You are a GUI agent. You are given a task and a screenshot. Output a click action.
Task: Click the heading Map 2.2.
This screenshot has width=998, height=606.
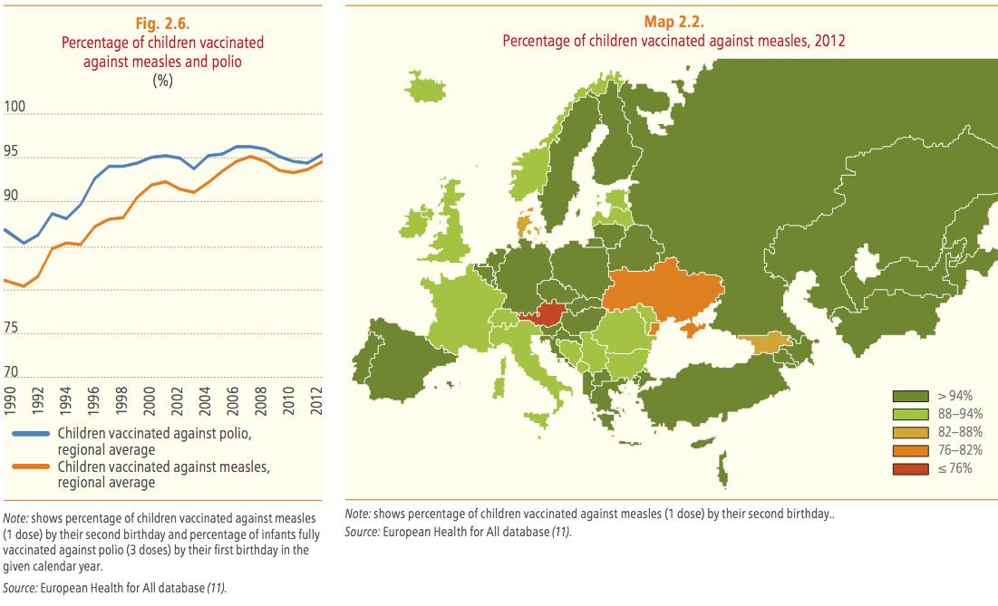(x=673, y=23)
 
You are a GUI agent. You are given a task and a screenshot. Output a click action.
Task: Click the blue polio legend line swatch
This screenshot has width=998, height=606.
(x=31, y=434)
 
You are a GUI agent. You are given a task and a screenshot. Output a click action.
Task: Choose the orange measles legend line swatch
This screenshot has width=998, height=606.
(x=31, y=467)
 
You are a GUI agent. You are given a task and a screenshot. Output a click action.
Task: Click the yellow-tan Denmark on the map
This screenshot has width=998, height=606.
(x=524, y=224)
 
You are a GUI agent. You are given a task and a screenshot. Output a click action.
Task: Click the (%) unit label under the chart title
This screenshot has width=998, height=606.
(x=162, y=80)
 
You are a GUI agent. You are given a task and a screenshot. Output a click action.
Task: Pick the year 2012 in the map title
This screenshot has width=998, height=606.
(x=830, y=40)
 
